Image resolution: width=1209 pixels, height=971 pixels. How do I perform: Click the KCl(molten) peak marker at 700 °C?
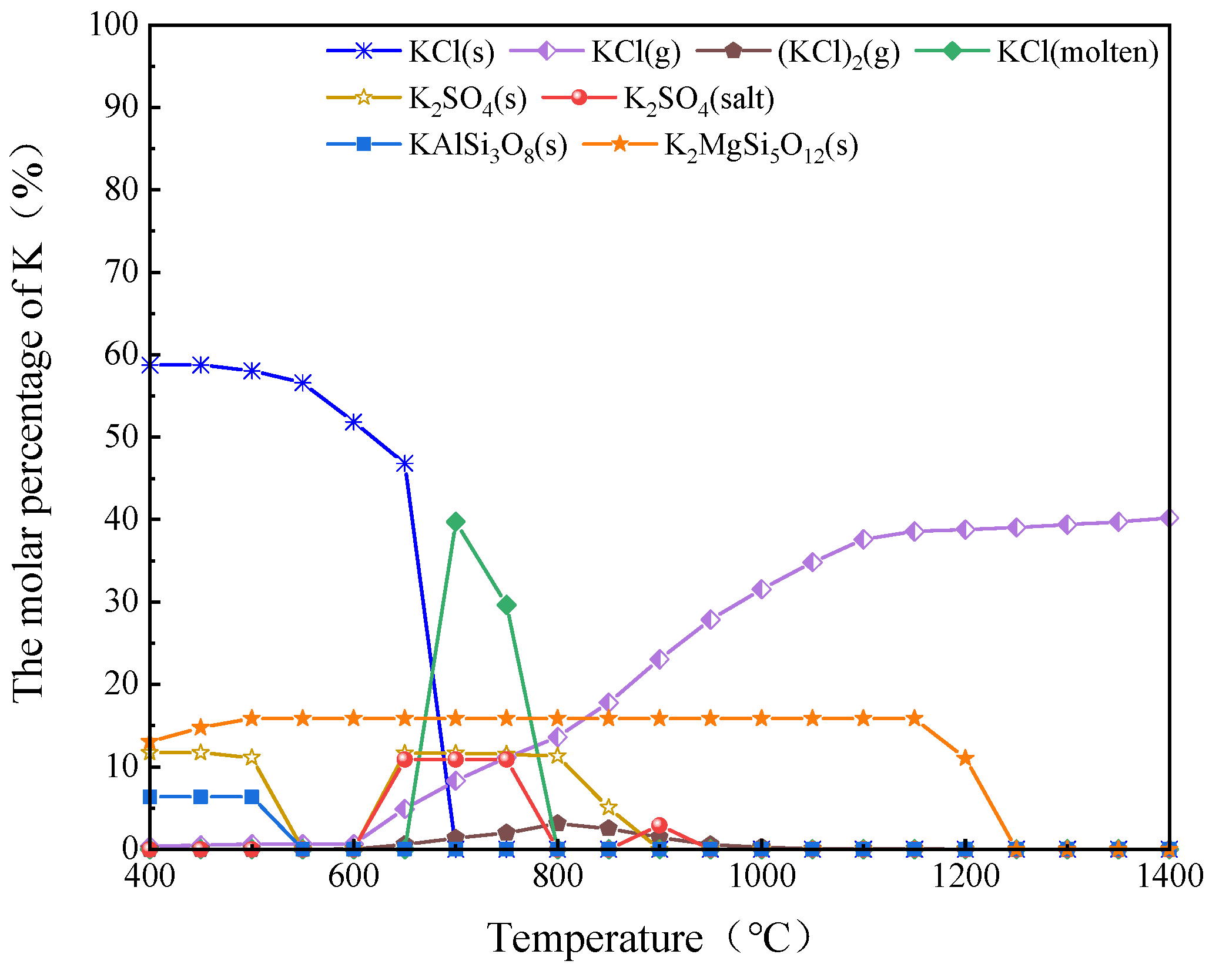click(456, 522)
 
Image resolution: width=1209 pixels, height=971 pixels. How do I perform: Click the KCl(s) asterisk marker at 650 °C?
click(404, 464)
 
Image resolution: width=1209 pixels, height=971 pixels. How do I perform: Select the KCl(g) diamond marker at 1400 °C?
click(1169, 518)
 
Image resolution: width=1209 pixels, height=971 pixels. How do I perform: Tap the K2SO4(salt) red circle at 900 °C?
click(659, 825)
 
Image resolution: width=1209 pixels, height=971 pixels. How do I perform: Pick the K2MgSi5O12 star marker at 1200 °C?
click(965, 758)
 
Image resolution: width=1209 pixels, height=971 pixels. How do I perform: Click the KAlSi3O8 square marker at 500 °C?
click(252, 797)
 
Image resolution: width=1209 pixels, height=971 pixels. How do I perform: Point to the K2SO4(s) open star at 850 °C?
click(609, 807)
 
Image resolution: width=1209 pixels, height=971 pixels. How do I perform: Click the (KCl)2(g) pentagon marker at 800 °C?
click(558, 822)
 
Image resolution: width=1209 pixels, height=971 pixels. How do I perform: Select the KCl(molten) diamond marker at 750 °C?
click(507, 605)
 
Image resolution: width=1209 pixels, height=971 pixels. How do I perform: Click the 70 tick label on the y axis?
click(121, 273)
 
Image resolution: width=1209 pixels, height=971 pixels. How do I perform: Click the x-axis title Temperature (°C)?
click(647, 938)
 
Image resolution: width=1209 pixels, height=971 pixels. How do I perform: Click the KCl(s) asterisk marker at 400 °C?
click(150, 365)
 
